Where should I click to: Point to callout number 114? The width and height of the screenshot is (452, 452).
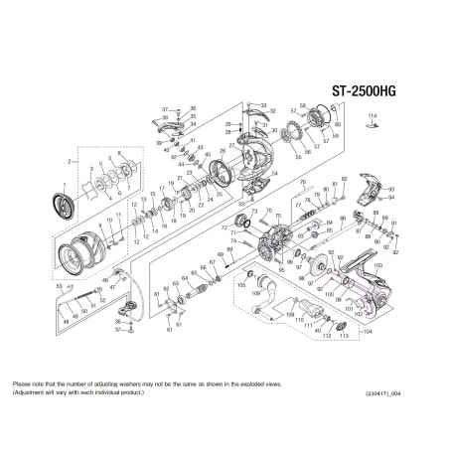tap(372, 118)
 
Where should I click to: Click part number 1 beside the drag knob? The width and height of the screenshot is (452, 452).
tap(64, 184)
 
